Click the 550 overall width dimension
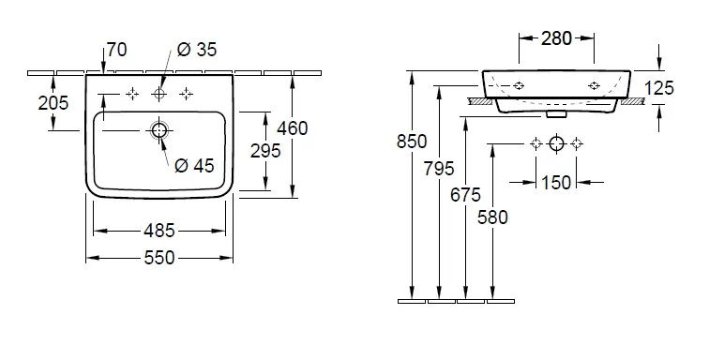point(159,258)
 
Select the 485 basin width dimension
point(159,232)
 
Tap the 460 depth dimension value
point(293,128)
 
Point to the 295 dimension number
point(266,151)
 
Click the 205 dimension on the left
point(53,103)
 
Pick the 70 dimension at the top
point(117,50)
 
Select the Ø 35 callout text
point(197,50)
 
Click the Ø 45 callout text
point(194,166)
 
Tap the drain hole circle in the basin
point(159,130)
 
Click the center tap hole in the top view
point(159,94)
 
